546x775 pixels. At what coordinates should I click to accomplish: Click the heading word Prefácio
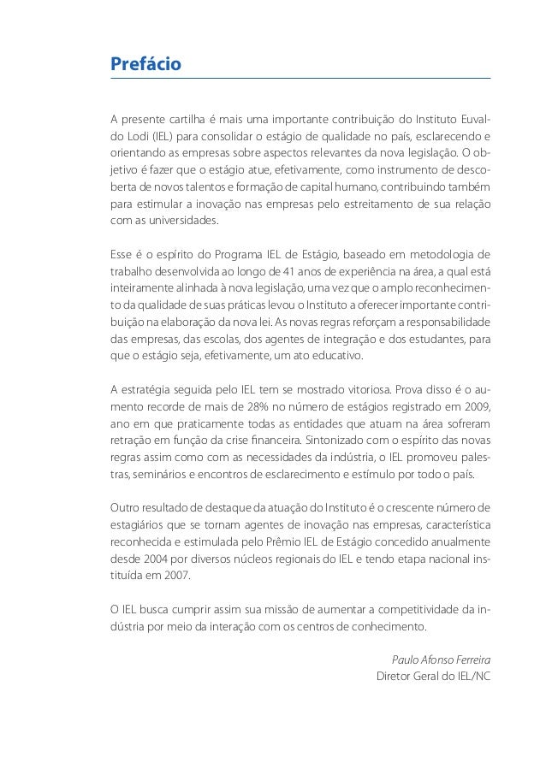tap(145, 63)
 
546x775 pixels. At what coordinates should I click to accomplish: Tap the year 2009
tap(475, 407)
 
